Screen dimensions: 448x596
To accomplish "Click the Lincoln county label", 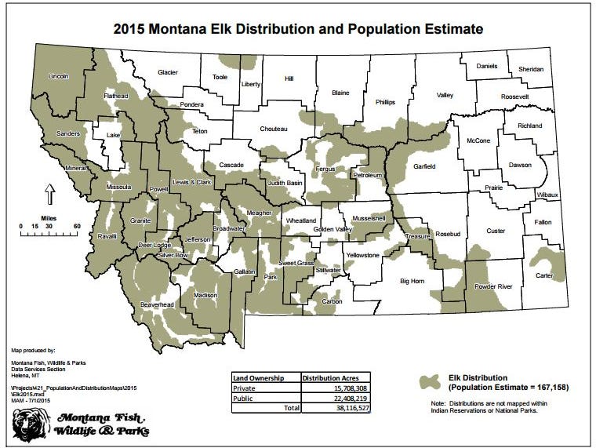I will (59, 77).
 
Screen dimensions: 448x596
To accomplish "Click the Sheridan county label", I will (530, 70).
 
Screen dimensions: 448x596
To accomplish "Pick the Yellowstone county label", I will (362, 256).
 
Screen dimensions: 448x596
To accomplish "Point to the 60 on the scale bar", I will (77, 226).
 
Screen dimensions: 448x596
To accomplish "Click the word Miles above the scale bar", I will (48, 217).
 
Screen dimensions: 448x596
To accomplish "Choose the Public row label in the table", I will (243, 398).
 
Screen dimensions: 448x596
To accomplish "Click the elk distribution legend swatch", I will (431, 381).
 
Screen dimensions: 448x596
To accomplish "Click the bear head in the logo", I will (30, 424).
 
